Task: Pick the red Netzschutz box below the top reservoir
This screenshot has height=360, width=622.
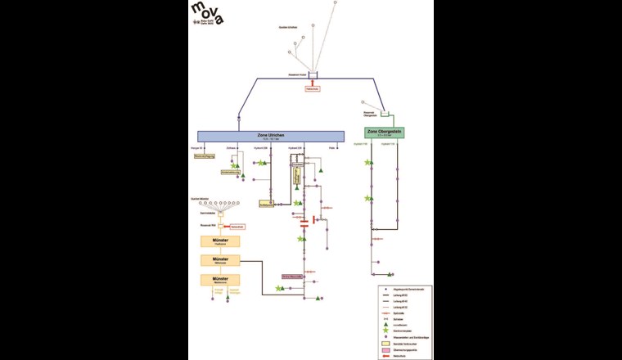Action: coord(312,88)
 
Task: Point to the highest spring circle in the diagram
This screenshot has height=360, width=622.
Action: coord(335,3)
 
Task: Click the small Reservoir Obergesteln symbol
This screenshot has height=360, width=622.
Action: coord(385,114)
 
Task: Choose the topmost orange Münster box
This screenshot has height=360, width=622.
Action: coord(219,241)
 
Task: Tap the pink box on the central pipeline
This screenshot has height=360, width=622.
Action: coord(293,277)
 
